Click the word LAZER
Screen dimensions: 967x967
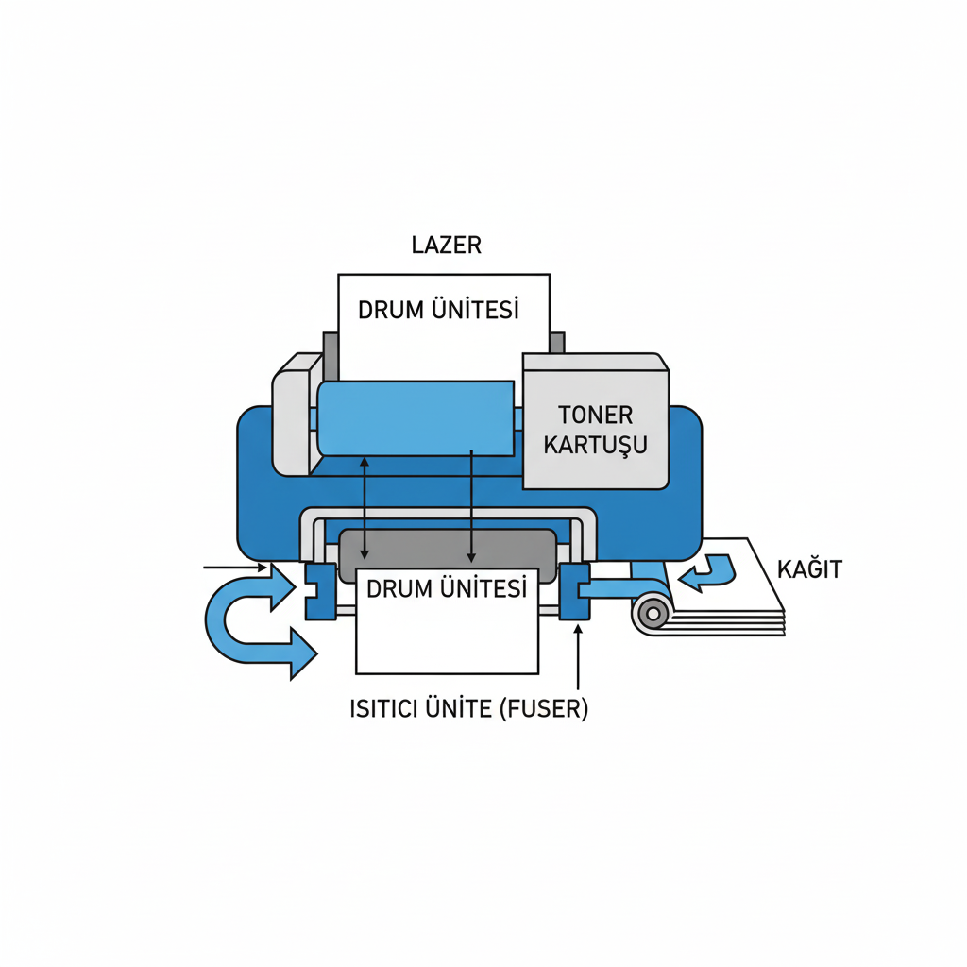point(447,245)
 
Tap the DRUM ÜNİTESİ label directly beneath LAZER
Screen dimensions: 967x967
point(439,310)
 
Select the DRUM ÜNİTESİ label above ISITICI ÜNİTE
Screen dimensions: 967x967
point(445,589)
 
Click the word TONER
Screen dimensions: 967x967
point(595,415)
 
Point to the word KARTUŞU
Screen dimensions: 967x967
point(595,444)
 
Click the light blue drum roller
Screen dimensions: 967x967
point(416,417)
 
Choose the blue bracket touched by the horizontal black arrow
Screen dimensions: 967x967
point(320,592)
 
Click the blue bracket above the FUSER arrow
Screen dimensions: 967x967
point(574,592)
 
